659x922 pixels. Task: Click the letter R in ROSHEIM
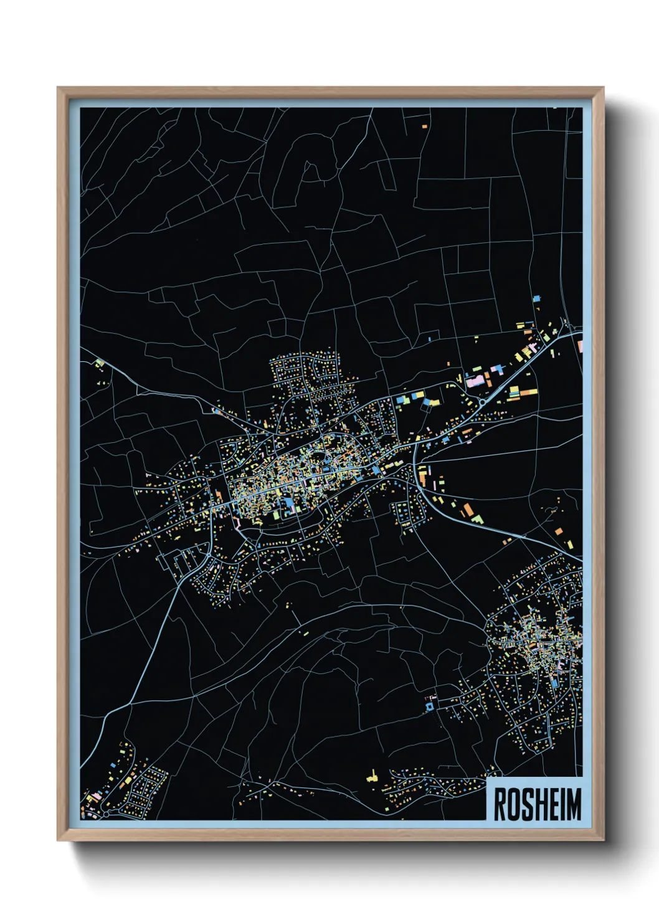500,804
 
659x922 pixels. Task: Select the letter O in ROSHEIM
513,804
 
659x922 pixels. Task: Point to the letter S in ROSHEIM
526,804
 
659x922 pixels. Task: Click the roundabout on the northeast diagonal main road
482,402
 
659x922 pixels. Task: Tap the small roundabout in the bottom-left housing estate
105,813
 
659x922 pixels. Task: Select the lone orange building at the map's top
425,126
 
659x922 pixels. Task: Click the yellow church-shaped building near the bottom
372,776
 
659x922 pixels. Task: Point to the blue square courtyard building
429,707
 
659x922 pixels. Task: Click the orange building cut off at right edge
579,345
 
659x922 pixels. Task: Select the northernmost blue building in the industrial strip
536,299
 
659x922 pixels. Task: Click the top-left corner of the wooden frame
58,88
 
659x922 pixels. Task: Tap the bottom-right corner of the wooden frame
603,840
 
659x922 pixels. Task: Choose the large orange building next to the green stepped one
467,510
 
